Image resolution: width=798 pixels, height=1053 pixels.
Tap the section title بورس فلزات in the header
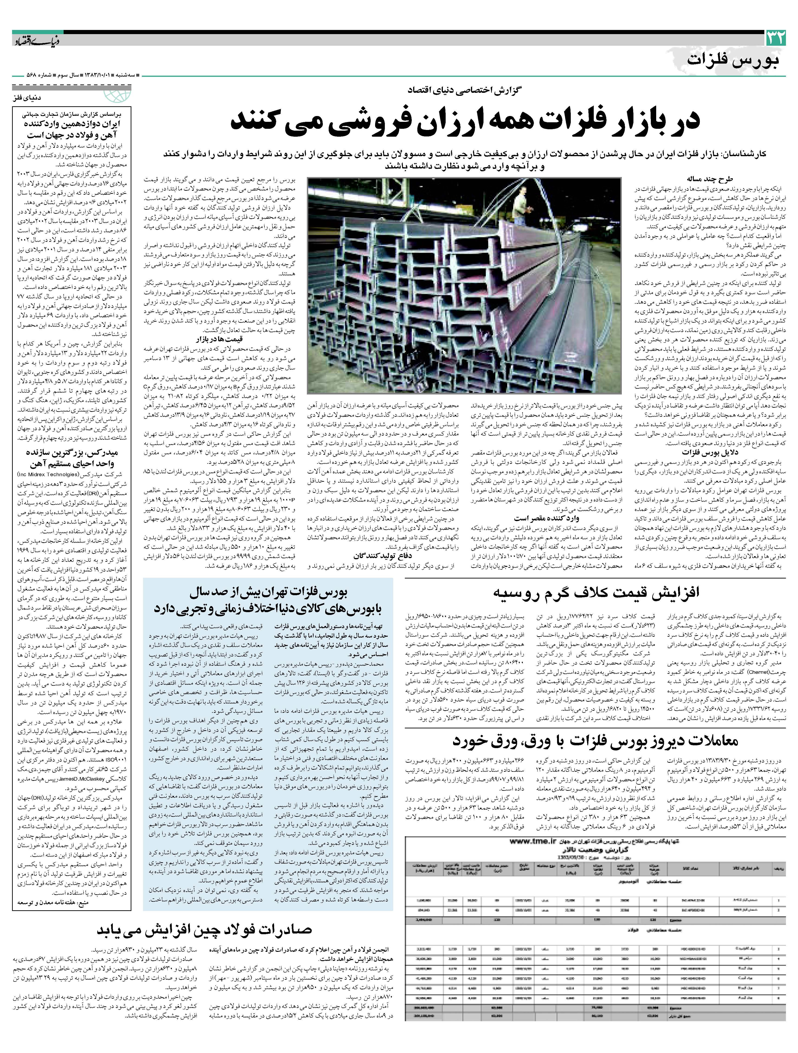[733, 61]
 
